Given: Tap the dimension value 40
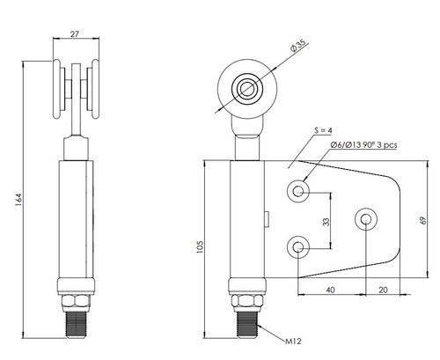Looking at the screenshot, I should coord(329,288).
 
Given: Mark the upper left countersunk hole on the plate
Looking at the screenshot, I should coord(301,191).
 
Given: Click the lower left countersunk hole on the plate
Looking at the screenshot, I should coord(301,246).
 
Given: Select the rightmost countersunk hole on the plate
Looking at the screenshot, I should coord(364,217).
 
